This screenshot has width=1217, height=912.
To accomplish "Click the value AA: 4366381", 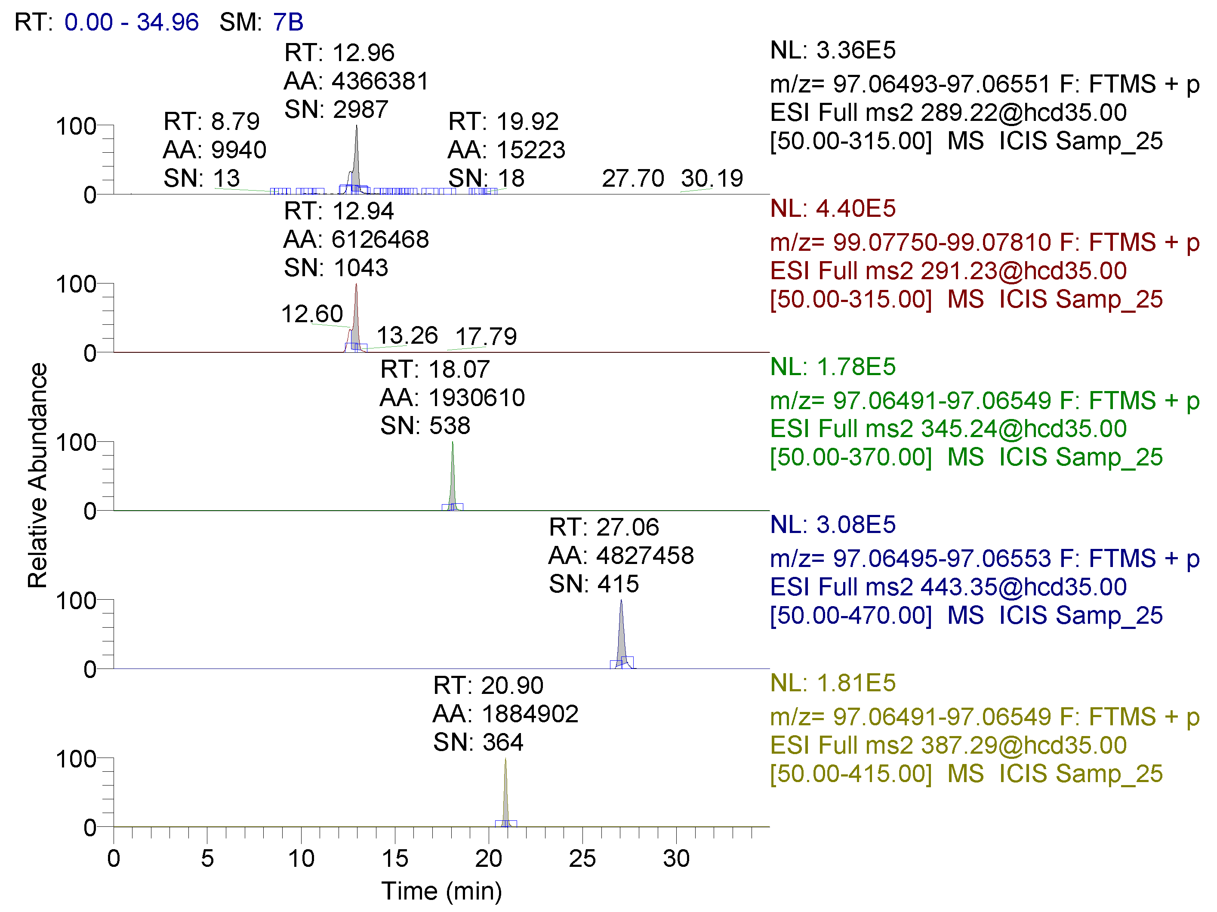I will pyautogui.click(x=356, y=81).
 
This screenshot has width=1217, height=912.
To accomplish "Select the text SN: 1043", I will pyautogui.click(x=336, y=268).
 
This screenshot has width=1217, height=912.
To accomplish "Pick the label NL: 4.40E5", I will pyautogui.click(x=832, y=209).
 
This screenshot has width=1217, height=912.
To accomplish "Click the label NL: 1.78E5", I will pyautogui.click(x=832, y=367).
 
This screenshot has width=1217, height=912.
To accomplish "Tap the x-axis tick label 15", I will pyautogui.click(x=395, y=859).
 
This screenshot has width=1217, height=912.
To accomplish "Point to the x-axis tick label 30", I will pyautogui.click(x=676, y=859).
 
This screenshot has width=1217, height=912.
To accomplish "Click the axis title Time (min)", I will pyautogui.click(x=441, y=891).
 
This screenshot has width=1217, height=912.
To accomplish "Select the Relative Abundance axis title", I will pyautogui.click(x=37, y=475).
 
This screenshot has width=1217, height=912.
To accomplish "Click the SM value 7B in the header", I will pyautogui.click(x=288, y=22).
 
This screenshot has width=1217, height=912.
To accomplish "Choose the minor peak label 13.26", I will pyautogui.click(x=407, y=336).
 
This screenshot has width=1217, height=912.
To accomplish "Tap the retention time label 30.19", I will pyautogui.click(x=712, y=178).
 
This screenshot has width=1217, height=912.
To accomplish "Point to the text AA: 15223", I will pyautogui.click(x=506, y=150).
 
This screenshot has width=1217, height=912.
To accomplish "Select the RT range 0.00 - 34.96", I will pyautogui.click(x=132, y=22).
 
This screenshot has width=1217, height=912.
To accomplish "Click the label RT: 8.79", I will pyautogui.click(x=211, y=121).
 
